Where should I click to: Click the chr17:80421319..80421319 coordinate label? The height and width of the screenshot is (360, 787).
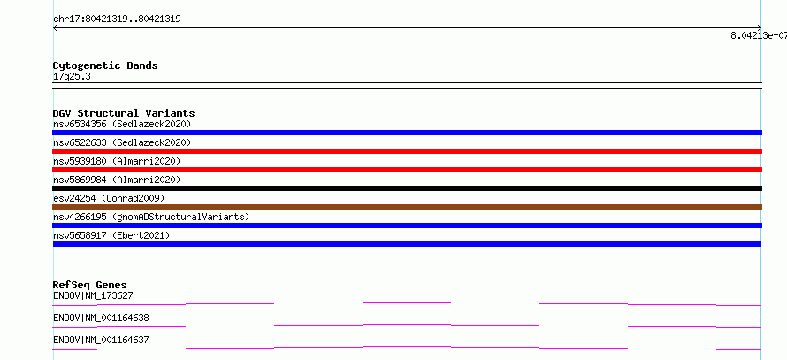coord(117,19)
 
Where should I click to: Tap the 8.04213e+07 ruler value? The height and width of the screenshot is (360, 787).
coord(759,35)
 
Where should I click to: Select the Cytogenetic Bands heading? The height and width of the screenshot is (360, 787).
coord(105,65)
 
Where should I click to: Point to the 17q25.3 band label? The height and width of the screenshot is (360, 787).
coord(72,77)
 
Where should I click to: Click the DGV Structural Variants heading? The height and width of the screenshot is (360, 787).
coord(124,113)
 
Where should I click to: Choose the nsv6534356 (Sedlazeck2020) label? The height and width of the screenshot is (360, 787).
coord(122,124)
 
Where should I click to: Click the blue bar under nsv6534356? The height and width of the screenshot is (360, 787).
coord(407,133)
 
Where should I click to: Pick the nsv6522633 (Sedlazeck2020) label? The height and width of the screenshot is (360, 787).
coord(122,142)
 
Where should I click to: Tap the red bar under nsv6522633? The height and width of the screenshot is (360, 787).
coord(407,151)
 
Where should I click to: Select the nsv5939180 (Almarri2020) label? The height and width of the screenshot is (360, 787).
coord(117,161)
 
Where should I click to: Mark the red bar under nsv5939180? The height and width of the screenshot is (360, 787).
coord(407,170)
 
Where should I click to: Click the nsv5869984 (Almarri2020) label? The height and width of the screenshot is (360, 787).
coord(117,180)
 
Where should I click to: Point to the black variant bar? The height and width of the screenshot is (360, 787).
coord(407,188)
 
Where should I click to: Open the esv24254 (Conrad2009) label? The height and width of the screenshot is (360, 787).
coord(109,198)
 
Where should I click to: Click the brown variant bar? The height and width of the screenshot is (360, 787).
coord(407,207)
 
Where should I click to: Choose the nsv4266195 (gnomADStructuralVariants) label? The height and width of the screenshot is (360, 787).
coord(151,217)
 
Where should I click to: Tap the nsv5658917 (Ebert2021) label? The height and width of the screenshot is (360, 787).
coord(111,235)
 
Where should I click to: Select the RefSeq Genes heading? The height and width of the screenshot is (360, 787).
coord(90,285)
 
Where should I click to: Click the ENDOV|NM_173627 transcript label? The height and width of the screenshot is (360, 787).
coord(93,295)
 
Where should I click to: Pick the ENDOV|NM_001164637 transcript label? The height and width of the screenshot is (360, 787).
coord(101,340)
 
